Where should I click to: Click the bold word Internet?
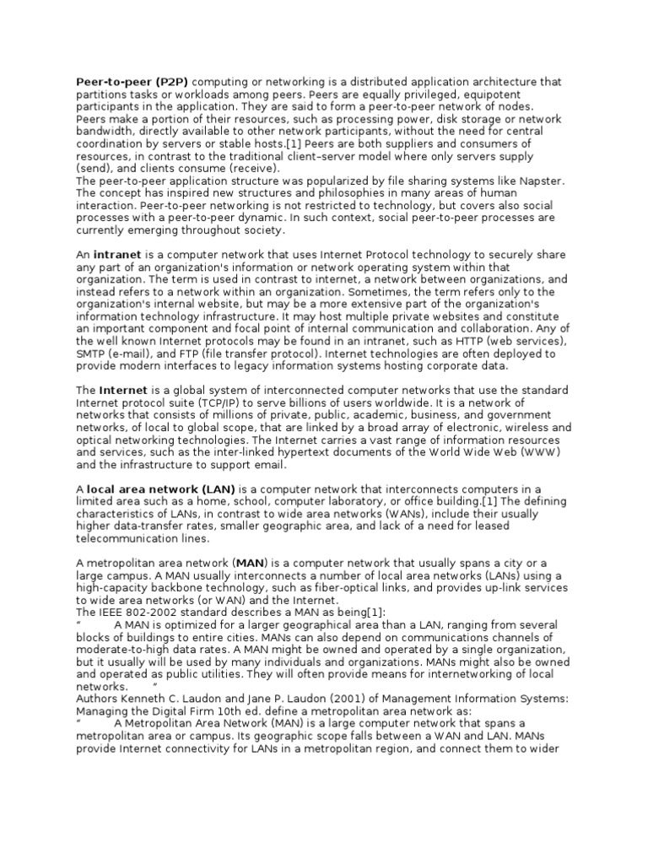tap(123, 391)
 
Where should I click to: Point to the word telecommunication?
tap(131, 538)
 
